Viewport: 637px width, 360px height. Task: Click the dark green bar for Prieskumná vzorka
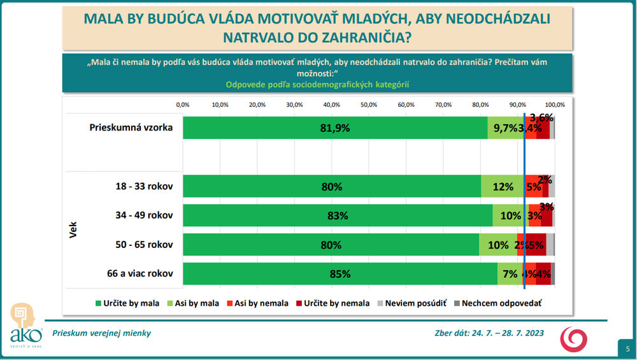pos(335,127)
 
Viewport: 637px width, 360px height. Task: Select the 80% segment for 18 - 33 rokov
pos(332,187)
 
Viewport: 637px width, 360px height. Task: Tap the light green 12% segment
pos(503,187)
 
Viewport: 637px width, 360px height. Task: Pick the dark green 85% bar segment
pos(340,274)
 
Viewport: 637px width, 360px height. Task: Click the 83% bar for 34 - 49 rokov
pos(338,215)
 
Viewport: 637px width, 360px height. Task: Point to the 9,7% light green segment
pos(505,127)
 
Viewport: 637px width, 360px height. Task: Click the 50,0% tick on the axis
pos(369,104)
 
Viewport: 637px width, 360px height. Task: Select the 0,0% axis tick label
pos(183,104)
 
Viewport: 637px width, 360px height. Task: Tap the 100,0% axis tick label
pos(555,104)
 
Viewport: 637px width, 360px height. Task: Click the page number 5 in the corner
pos(627,349)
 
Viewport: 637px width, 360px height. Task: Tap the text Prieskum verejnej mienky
pos(102,333)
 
